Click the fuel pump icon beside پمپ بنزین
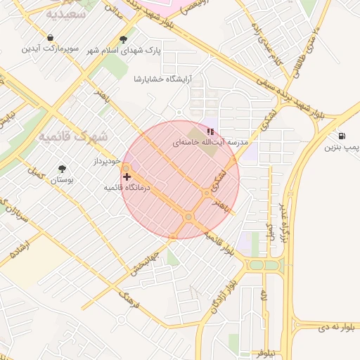pyautogui.click(x=342, y=136)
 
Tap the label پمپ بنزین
pyautogui.click(x=342, y=148)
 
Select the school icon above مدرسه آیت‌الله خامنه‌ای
pyautogui.click(x=210, y=131)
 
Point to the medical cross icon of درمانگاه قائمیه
pyautogui.click(x=127, y=176)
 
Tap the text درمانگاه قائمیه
pyautogui.click(x=127, y=188)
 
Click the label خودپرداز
pyautogui.click(x=108, y=162)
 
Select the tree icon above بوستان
pyautogui.click(x=63, y=169)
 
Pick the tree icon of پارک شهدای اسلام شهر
pyautogui.click(x=124, y=40)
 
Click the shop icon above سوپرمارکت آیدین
pyautogui.click(x=50, y=38)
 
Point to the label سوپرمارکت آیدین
pyautogui.click(x=50, y=49)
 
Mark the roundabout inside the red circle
pyautogui.click(x=188, y=217)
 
